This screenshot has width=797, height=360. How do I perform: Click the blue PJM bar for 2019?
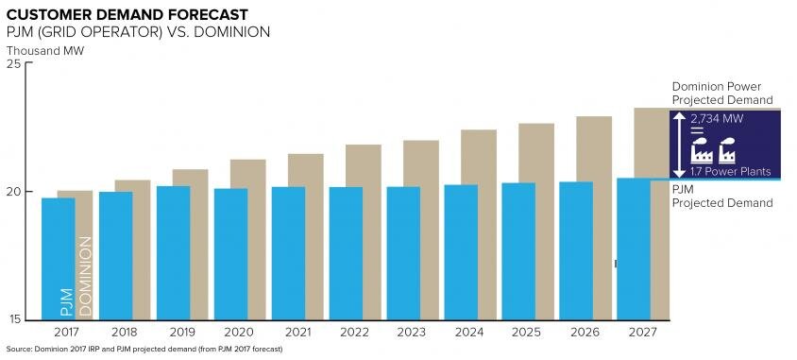point(174,253)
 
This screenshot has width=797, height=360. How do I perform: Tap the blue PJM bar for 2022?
point(347,254)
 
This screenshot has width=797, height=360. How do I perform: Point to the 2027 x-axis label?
point(642,333)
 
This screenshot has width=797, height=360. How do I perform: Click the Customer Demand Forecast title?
point(127,14)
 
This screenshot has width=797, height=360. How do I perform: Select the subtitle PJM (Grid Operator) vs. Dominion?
point(138,31)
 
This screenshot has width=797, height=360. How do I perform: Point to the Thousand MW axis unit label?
point(45,51)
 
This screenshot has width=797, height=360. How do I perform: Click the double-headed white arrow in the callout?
point(680,145)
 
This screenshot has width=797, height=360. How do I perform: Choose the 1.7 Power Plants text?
point(730,171)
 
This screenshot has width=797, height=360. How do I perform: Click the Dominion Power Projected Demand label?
point(722,93)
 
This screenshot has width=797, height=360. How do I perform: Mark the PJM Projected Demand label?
point(722,197)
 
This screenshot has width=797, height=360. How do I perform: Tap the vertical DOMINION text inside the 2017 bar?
point(85,276)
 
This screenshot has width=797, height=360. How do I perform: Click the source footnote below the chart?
point(144,350)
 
